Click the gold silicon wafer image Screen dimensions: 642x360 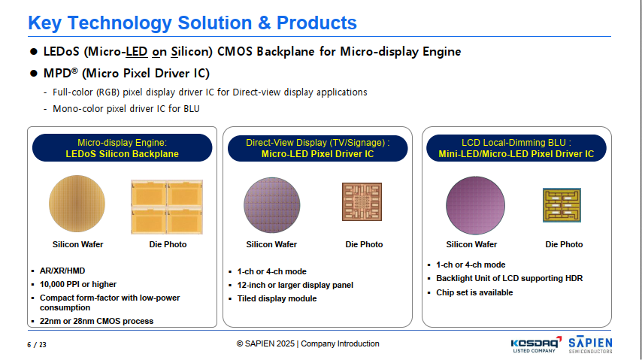pyautogui.click(x=77, y=204)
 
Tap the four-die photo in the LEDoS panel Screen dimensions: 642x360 pyautogui.click(x=167, y=207)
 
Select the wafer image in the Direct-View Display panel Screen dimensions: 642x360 pyautogui.click(x=272, y=204)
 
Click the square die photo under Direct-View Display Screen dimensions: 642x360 pyautogui.click(x=362, y=201)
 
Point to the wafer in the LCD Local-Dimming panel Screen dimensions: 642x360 pyautogui.click(x=475, y=205)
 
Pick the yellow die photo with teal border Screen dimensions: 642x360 pyautogui.click(x=562, y=205)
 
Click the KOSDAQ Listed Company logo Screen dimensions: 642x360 pyautogui.click(x=536, y=344)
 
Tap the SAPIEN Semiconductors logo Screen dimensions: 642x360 pyautogui.click(x=590, y=344)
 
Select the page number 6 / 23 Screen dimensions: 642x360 pyautogui.click(x=37, y=345)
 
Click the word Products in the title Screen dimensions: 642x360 pyautogui.click(x=316, y=23)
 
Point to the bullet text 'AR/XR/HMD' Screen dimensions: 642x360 pyautogui.click(x=62, y=271)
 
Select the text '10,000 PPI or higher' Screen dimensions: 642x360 pyautogui.click(x=77, y=284)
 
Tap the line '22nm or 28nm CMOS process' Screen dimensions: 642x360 pyautogui.click(x=96, y=321)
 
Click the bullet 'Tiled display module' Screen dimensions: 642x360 pyautogui.click(x=277, y=298)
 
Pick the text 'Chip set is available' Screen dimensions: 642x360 pyautogui.click(x=474, y=292)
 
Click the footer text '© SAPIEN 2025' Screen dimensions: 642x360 pyautogui.click(x=265, y=343)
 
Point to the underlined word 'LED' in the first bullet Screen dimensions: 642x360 pyautogui.click(x=136, y=52)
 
